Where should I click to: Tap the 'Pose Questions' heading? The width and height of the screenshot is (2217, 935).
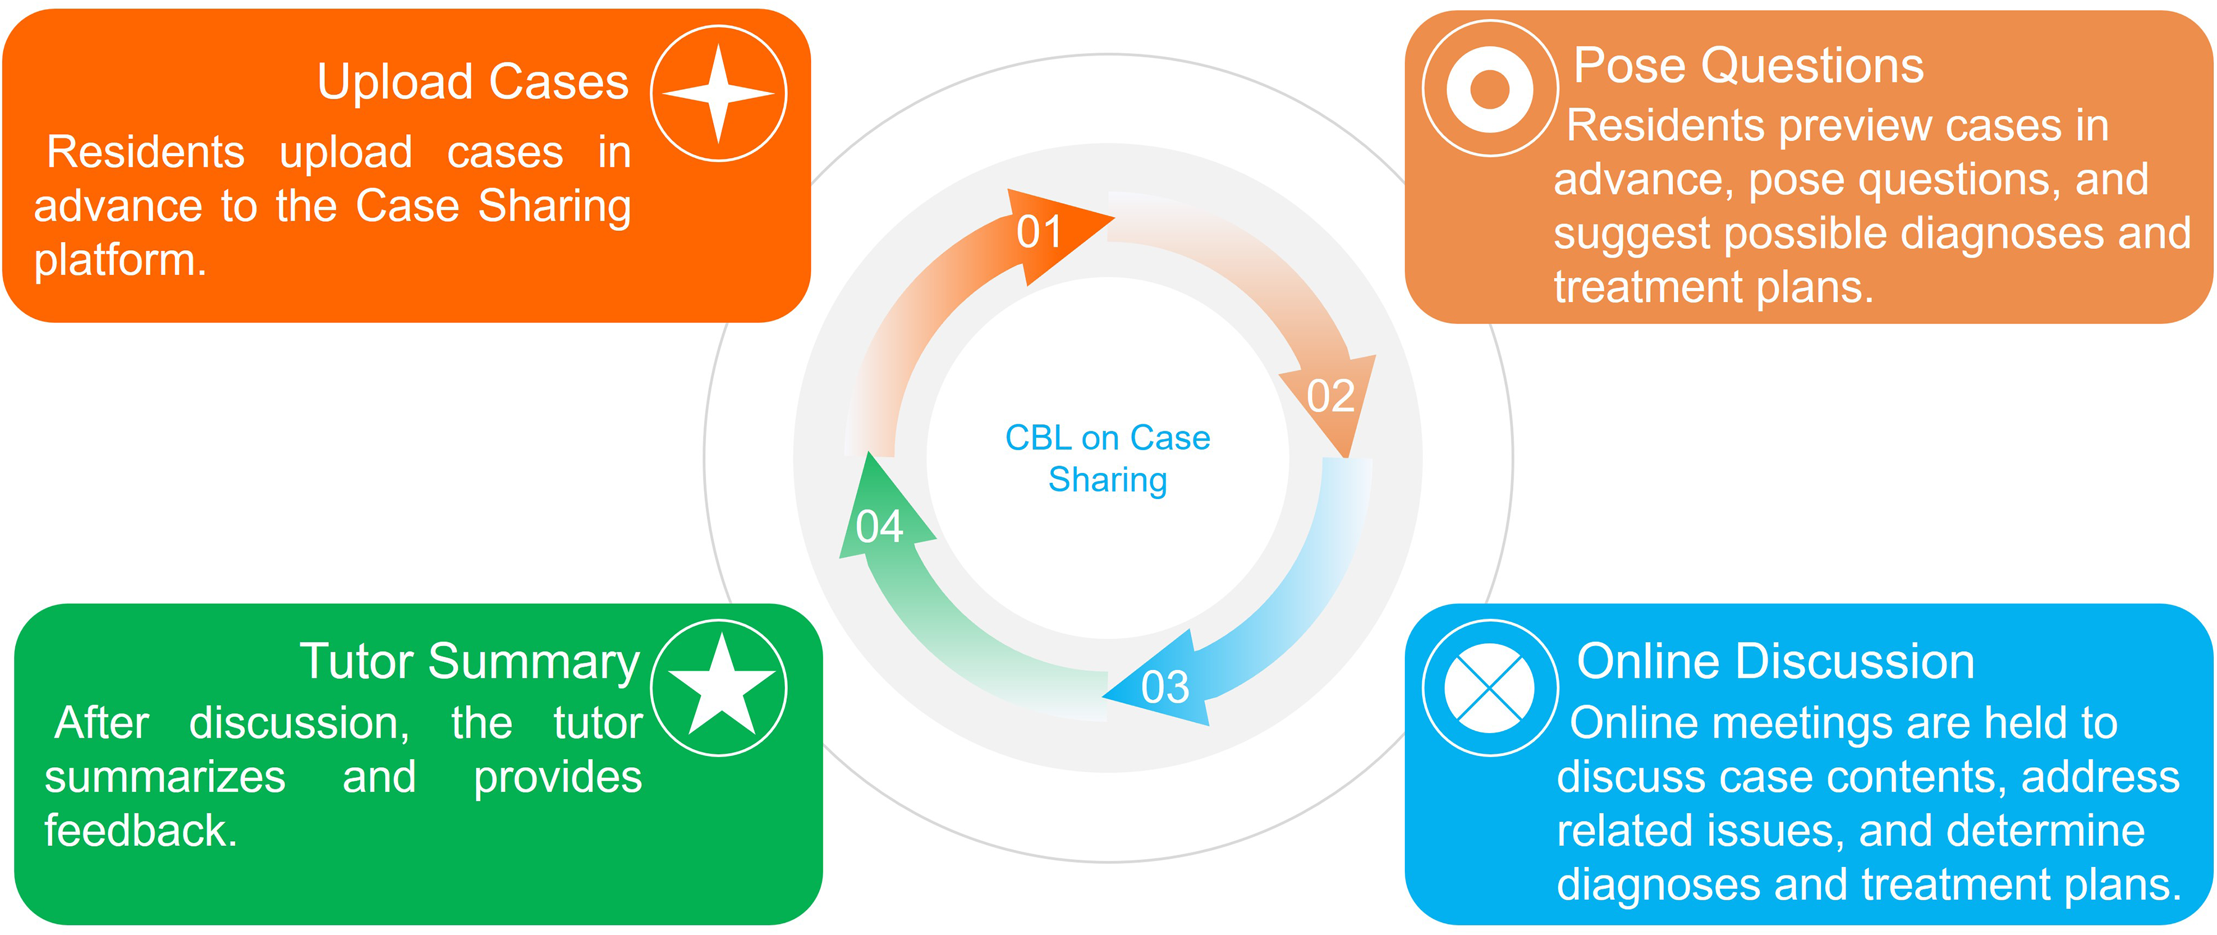[x=1748, y=65]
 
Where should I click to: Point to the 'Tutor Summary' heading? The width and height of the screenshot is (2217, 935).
[x=470, y=662]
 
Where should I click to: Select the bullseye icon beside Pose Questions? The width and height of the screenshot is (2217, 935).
[x=1490, y=88]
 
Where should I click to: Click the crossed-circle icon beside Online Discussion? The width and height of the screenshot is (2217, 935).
[x=1490, y=687]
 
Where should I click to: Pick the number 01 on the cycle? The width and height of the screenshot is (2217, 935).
[x=1039, y=232]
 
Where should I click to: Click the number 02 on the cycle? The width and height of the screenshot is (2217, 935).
[x=1331, y=396]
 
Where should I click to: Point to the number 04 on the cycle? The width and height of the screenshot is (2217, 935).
[x=879, y=526]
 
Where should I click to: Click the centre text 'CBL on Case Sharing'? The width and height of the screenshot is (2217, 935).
[x=1108, y=458]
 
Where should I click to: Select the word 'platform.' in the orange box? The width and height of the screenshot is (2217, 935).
[x=121, y=260]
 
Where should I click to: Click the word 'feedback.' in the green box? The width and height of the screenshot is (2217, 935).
[x=141, y=831]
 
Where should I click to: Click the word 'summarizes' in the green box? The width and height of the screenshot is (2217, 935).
[x=165, y=778]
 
